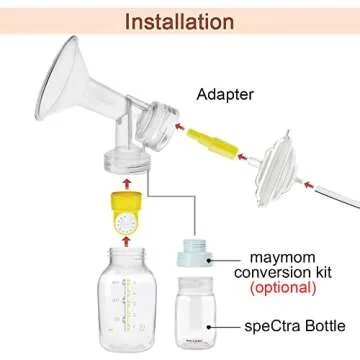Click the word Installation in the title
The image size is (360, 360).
(x=180, y=19)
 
